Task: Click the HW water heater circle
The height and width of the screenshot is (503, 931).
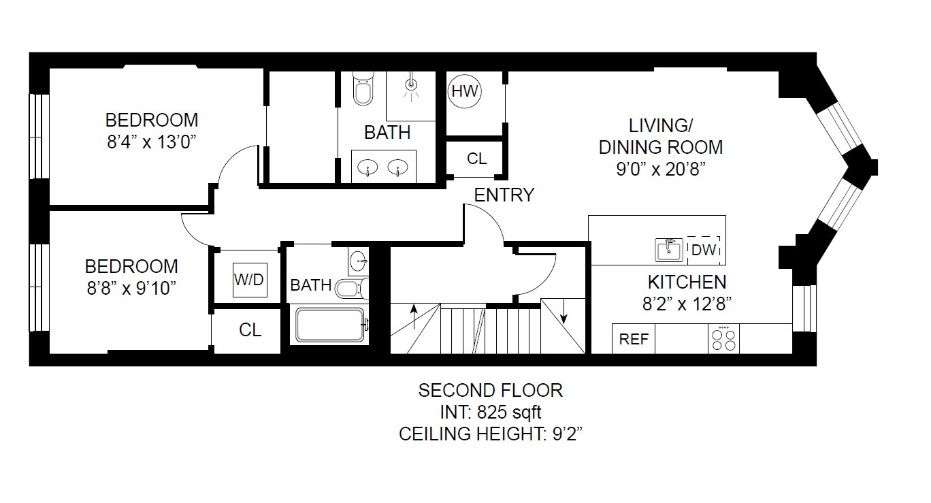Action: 465,91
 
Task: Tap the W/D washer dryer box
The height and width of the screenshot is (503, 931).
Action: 248,280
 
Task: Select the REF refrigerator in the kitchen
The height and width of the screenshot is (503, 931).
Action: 634,339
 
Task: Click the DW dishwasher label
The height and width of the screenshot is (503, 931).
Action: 704,250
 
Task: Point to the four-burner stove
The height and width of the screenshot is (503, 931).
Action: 723,338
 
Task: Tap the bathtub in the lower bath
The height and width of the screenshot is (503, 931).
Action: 331,325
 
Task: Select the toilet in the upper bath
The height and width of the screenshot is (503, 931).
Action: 363,90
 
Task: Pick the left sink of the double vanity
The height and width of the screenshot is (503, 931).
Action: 368,167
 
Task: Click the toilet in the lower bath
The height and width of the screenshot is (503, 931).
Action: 350,289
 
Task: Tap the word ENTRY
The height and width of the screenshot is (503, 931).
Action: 504,195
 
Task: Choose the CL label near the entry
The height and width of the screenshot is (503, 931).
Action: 477,159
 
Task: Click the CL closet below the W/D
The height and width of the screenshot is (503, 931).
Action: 250,330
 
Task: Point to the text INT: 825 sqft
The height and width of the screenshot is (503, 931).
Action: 490,412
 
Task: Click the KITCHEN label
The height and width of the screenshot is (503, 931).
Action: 686,281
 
